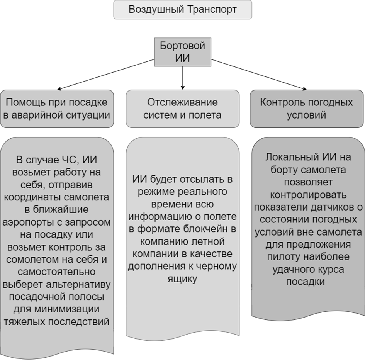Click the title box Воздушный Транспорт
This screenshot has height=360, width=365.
point(182,10)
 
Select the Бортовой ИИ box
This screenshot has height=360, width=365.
point(182,52)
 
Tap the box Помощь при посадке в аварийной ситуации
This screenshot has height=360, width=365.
point(57,109)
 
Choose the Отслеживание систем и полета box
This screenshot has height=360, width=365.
point(182,109)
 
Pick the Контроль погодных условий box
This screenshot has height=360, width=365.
point(307,109)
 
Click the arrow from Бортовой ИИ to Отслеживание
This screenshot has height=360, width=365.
point(182,78)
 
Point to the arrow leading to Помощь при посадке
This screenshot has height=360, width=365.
point(106,74)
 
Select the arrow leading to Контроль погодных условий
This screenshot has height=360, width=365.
point(259,75)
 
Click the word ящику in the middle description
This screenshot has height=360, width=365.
point(182,279)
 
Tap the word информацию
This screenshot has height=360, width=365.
point(160,217)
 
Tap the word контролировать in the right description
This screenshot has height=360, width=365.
point(308,195)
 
